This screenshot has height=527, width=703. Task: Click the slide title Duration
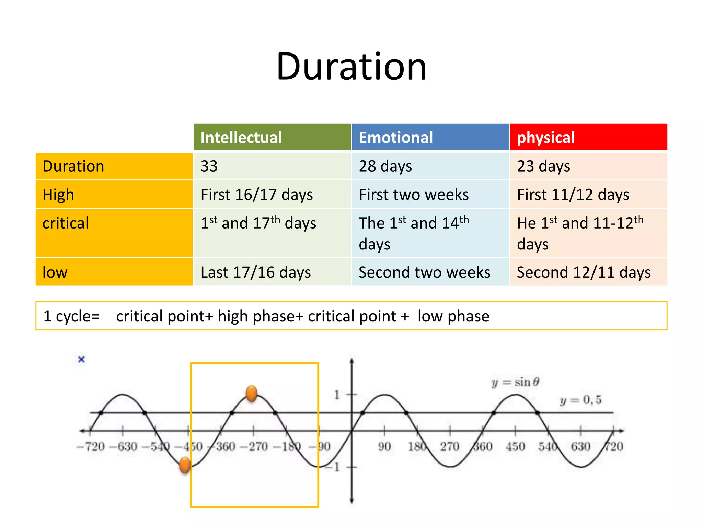click(x=351, y=66)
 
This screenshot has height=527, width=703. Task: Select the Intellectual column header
click(x=241, y=137)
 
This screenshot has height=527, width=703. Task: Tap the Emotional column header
click(x=395, y=137)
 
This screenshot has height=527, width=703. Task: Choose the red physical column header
click(x=545, y=137)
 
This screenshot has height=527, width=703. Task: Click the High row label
click(x=58, y=195)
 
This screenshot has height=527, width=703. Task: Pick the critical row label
click(x=66, y=223)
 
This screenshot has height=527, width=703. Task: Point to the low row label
click(x=55, y=272)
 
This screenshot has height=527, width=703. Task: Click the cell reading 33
click(x=209, y=166)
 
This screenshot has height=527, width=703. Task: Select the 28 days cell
click(x=385, y=166)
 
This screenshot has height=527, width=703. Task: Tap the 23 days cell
click(x=543, y=166)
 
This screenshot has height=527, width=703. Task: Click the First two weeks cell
click(x=414, y=195)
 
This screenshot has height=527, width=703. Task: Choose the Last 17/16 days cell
click(x=256, y=272)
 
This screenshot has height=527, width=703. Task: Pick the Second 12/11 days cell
click(x=584, y=272)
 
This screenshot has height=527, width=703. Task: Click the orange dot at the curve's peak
click(x=252, y=393)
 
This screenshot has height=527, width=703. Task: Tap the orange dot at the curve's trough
click(x=185, y=465)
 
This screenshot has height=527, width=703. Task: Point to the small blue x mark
click(x=81, y=359)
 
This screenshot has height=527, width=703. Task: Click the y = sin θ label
click(x=515, y=382)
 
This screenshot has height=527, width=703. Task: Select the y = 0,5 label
click(x=580, y=400)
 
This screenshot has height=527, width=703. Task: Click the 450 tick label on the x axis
click(x=515, y=446)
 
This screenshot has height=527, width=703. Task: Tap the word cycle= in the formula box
click(x=78, y=316)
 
